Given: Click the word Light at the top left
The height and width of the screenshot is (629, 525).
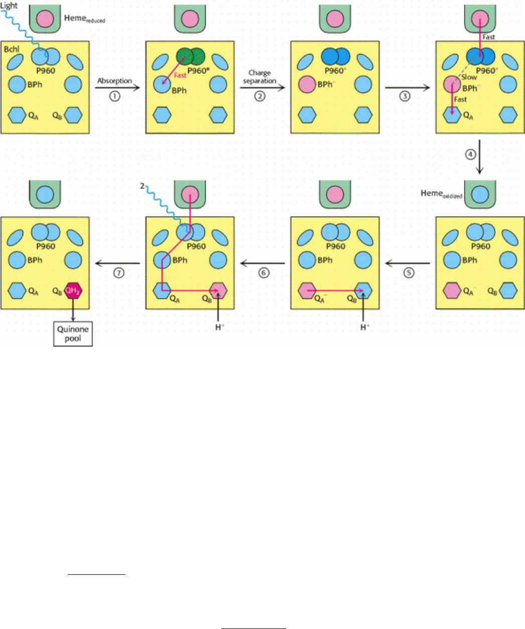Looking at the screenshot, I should click(9, 6).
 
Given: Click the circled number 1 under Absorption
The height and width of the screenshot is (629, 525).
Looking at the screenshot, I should click(114, 96).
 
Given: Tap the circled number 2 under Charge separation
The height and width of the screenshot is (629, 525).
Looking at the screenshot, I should click(259, 96).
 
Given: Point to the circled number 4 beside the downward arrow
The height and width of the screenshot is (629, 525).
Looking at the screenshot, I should click(470, 155).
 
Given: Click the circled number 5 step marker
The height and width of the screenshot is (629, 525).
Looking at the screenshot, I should click(409, 272).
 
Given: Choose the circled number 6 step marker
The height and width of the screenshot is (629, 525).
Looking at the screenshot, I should click(264, 272).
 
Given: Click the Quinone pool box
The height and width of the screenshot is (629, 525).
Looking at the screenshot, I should click(73, 334).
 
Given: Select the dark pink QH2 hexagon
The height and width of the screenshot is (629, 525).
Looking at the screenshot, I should click(74, 290).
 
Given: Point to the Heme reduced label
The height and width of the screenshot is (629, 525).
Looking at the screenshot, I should click(84, 19).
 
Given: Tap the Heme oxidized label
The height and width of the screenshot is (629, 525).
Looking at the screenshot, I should click(441, 194).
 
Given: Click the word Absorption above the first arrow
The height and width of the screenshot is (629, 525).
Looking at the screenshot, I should click(114, 81).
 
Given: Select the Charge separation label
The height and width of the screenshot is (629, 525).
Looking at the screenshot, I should click(259, 77).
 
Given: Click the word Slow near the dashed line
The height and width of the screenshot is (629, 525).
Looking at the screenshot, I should click(469, 77).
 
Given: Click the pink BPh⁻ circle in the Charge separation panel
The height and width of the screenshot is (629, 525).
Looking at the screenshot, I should click(307, 84).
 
